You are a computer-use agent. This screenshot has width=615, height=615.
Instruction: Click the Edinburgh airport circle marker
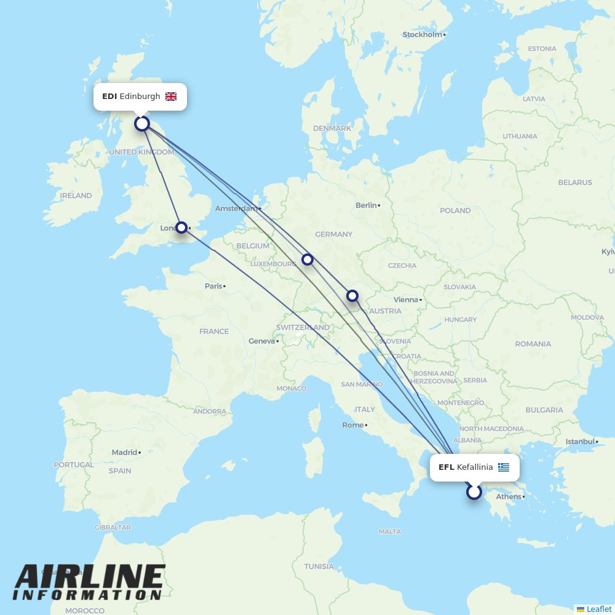(x=142, y=124)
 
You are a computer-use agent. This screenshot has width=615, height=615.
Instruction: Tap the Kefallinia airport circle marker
(x=474, y=492)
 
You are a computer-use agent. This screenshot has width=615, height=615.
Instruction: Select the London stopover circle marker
(x=181, y=228)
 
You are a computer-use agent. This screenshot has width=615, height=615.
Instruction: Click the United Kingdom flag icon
(x=171, y=97)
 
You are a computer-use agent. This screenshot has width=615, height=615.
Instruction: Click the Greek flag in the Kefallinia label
(x=504, y=467)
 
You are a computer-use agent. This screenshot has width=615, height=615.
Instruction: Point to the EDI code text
(x=109, y=97)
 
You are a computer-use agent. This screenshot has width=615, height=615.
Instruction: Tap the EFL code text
(x=446, y=467)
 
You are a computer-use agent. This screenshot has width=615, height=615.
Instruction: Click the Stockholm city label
(x=423, y=34)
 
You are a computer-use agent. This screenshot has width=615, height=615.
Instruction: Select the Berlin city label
(x=366, y=205)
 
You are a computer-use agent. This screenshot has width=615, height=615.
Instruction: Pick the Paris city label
(x=213, y=286)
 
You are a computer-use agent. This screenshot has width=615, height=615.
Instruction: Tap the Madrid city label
(x=124, y=453)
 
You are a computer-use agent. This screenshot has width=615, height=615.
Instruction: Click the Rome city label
(x=352, y=425)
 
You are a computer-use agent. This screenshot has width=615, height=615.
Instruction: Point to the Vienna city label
(x=405, y=300)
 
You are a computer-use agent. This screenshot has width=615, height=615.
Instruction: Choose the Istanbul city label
(x=580, y=442)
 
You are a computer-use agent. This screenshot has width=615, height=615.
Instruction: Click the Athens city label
(x=509, y=497)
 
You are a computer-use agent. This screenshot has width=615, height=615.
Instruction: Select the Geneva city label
(x=261, y=341)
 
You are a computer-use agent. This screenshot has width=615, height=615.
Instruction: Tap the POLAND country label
(x=455, y=210)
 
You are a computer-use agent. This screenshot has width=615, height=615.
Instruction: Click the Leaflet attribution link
(x=598, y=609)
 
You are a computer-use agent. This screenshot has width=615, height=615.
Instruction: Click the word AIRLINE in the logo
(x=90, y=577)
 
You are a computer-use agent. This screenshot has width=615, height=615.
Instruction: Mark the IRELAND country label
(x=76, y=196)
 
